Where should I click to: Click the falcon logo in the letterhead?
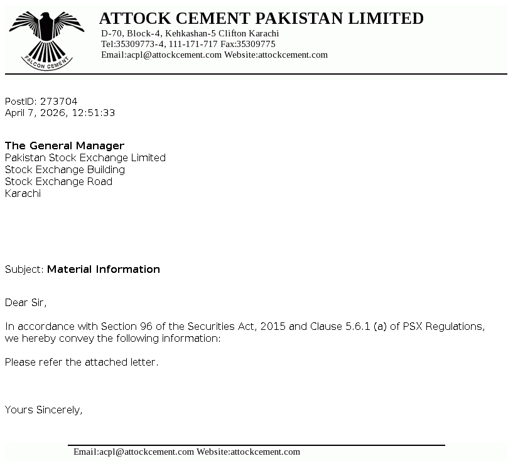point(46,38)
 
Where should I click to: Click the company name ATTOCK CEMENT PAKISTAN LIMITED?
point(261,19)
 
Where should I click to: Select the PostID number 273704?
point(59,102)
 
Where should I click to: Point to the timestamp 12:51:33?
point(94,114)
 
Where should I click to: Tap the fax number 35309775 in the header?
point(256,44)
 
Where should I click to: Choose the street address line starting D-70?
point(190,33)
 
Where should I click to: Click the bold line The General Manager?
point(65,146)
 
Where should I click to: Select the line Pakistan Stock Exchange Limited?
point(85,158)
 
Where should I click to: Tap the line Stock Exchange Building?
point(65,170)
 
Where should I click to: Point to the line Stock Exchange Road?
point(59,182)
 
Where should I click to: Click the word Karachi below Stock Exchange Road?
point(23,194)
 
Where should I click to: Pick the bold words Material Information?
point(104,270)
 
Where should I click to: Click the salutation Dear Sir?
point(26,303)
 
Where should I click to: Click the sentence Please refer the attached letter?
point(82,363)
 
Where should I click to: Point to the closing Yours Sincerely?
point(44,410)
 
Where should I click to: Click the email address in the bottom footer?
point(134,452)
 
